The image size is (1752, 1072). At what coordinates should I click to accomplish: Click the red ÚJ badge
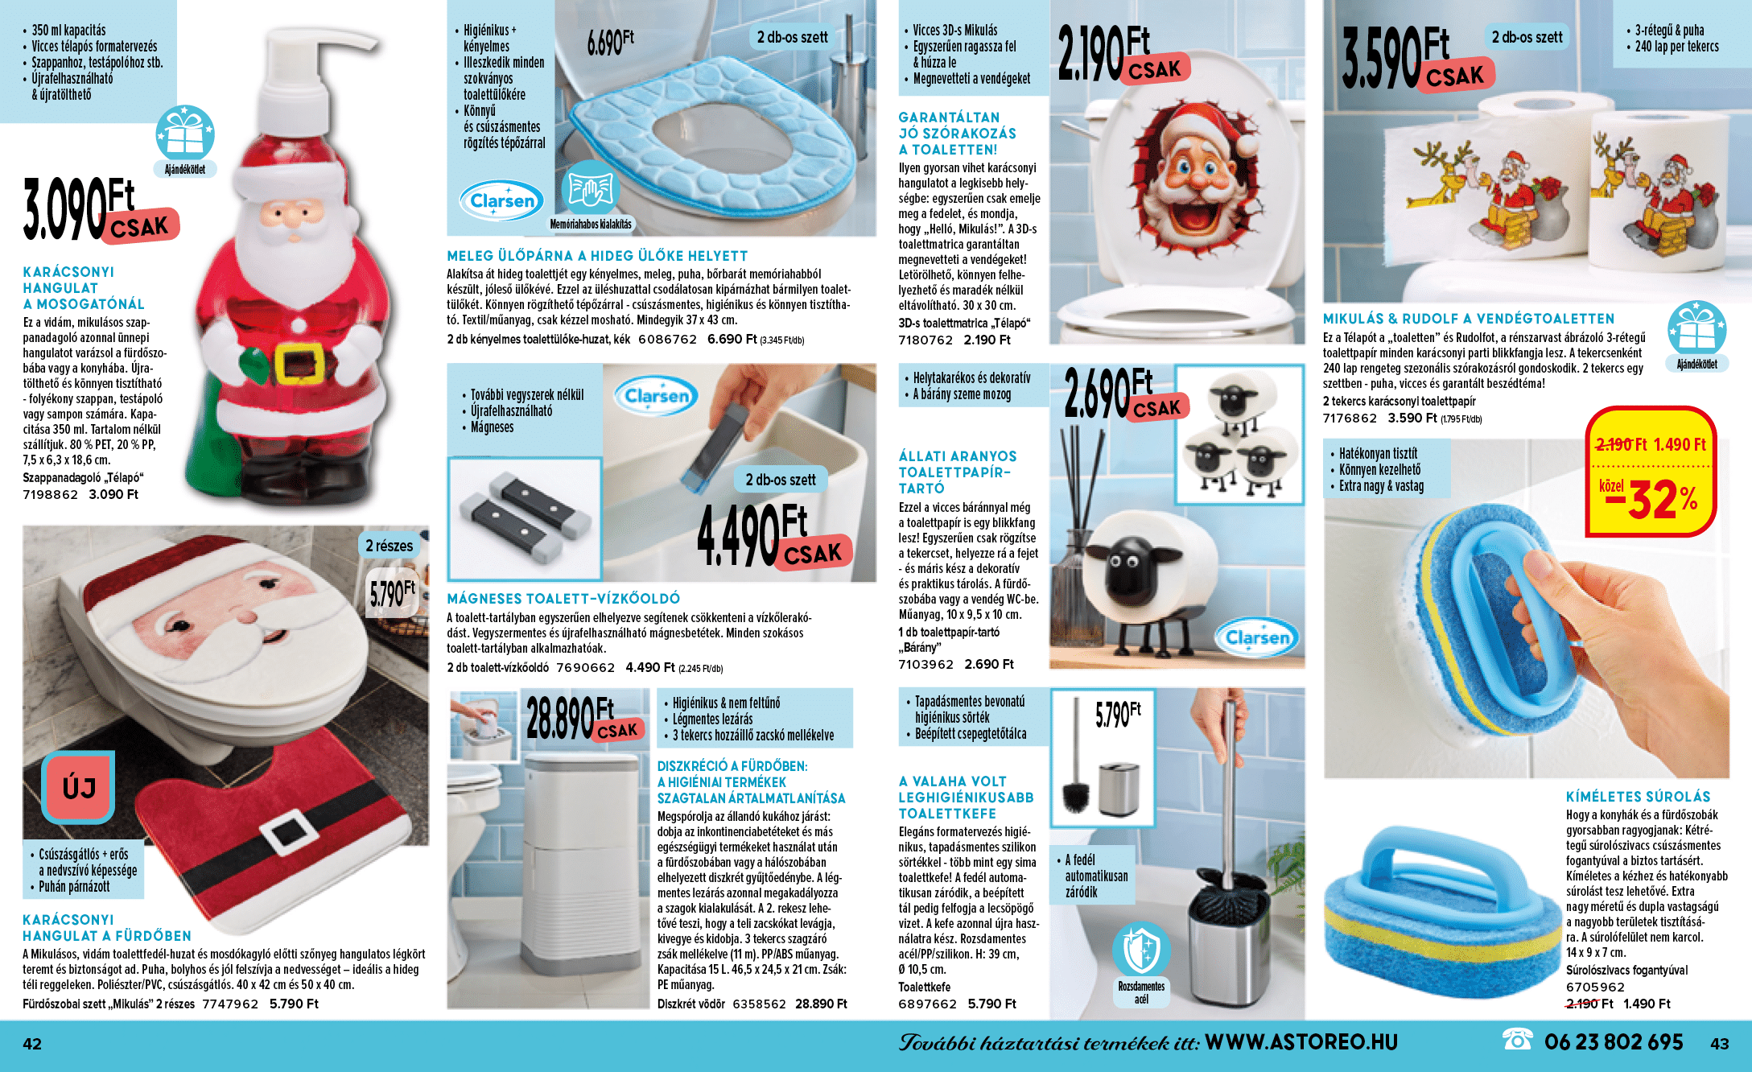click(78, 787)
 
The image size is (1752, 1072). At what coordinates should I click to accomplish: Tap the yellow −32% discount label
click(1650, 499)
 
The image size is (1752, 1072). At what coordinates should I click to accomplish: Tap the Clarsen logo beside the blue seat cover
click(501, 200)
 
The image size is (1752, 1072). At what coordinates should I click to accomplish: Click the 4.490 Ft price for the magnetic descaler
click(773, 536)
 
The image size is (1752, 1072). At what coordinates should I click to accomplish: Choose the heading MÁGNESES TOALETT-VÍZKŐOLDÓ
click(563, 599)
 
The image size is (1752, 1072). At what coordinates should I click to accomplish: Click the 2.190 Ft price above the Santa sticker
click(1123, 54)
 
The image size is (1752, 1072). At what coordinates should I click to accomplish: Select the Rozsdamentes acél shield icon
click(1140, 950)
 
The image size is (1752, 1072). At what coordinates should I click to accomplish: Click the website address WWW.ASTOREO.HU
click(1301, 1042)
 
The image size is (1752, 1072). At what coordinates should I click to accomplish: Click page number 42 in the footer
click(32, 1044)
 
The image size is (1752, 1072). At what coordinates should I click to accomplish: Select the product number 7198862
click(50, 495)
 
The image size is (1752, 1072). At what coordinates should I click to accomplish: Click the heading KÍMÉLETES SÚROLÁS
click(1638, 797)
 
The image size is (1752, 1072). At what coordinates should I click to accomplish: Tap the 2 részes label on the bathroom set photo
click(390, 546)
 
